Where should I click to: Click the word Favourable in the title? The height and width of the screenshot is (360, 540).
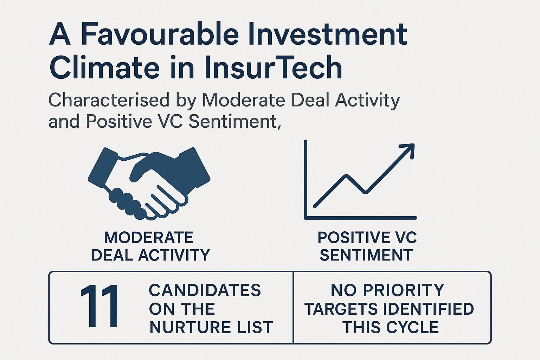tap(160, 34)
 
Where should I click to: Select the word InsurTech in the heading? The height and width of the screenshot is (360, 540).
tap(274, 67)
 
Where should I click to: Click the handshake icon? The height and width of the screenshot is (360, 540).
tap(149, 183)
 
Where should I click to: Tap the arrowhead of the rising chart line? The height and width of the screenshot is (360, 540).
tap(408, 151)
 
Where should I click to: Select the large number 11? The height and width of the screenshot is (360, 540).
tap(99, 306)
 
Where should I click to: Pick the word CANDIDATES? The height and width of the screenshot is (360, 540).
tap(205, 290)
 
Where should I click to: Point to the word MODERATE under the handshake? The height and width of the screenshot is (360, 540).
tap(149, 238)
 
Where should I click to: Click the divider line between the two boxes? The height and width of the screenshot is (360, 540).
tap(294, 308)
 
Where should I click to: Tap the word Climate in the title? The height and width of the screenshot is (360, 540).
tap(104, 67)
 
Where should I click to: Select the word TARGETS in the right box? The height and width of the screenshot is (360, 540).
tap(341, 309)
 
